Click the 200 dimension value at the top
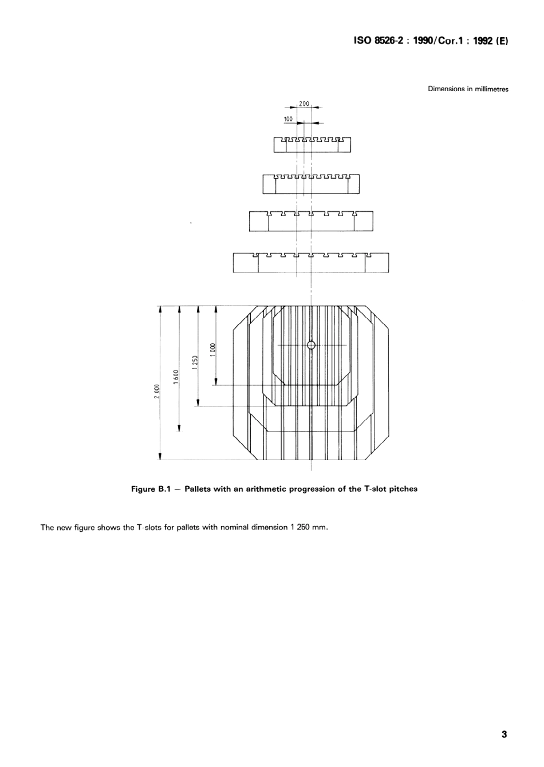click(303, 104)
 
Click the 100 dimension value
click(288, 118)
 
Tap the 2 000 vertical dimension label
click(156, 393)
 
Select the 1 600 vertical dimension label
click(176, 378)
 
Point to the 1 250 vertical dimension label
click(195, 363)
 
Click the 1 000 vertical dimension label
click(212, 349)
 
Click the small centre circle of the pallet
click(311, 345)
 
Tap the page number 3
click(504, 734)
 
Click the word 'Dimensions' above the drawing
click(446, 89)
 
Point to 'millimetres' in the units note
click(491, 89)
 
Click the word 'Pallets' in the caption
click(198, 489)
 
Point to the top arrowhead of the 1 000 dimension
click(216, 309)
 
